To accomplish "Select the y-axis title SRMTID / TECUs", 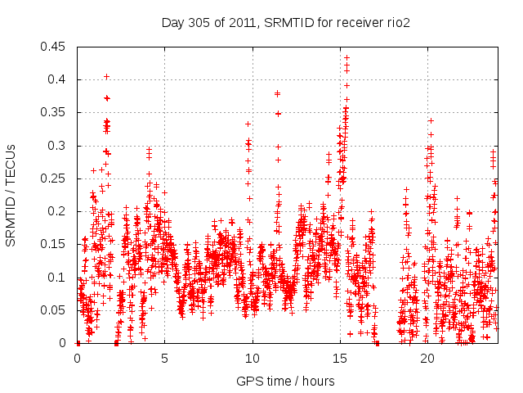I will [11, 195].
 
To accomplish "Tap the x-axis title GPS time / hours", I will [285, 381].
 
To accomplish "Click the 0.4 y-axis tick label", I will [58, 79].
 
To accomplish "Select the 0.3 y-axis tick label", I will [58, 146].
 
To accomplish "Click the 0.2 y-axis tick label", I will [58, 211].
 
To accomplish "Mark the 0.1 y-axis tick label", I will [58, 278].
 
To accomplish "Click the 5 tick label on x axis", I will [165, 358].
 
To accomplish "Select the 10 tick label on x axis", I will [253, 358].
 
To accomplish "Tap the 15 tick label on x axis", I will [340, 358].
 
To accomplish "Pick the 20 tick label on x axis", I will [427, 358].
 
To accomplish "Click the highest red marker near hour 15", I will [346, 58].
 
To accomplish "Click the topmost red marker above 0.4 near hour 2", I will [107, 76].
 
